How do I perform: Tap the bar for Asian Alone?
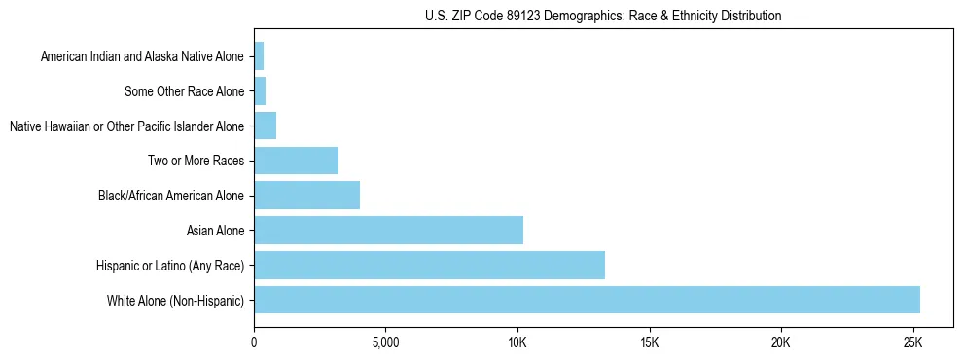388,231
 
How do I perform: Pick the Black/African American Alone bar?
306,196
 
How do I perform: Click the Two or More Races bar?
296,161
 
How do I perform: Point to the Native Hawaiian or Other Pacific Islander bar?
265,126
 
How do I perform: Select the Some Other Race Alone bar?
260,91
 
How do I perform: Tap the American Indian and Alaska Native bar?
259,56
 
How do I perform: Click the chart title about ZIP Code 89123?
603,16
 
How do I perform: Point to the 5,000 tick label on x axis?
385,343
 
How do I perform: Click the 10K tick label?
517,343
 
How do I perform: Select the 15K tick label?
649,343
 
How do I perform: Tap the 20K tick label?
781,343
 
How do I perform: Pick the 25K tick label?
912,343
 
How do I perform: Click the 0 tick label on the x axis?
254,343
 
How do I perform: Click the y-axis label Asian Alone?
215,231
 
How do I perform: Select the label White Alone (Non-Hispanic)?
175,300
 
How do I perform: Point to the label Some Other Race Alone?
184,91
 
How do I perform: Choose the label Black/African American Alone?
170,196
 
